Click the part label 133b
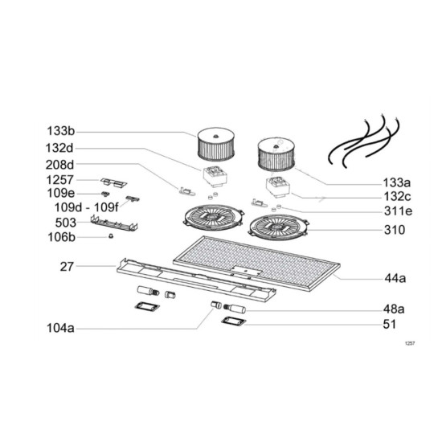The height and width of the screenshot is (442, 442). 60,131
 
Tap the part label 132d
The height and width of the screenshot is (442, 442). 59,148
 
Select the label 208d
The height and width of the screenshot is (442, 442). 59,165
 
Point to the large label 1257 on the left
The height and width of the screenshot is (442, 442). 59,180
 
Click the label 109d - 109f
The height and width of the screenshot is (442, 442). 87,207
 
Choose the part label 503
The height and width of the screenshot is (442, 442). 66,223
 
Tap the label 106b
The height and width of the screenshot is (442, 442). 61,237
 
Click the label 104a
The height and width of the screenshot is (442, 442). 60,329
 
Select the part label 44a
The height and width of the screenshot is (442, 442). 395,279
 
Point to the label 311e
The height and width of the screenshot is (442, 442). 398,211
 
